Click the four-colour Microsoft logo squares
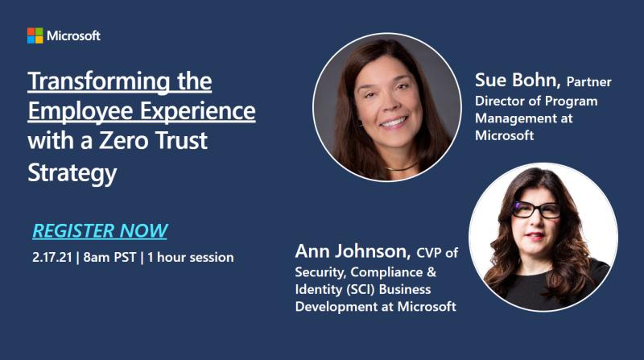(35, 35)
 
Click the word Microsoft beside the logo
(74, 35)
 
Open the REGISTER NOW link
(100, 231)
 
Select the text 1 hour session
(192, 258)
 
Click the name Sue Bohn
(518, 81)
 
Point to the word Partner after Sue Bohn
(589, 82)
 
